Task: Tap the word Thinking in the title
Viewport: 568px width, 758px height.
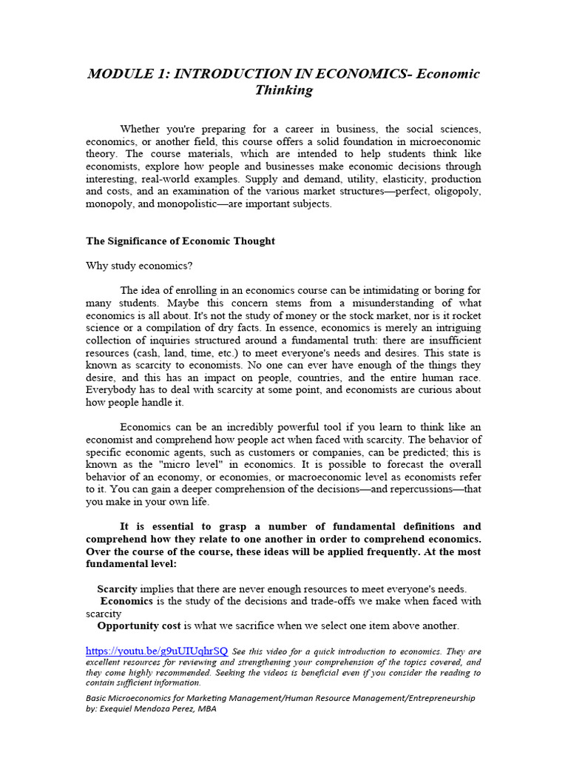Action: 284,91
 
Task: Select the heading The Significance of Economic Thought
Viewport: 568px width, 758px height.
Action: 180,241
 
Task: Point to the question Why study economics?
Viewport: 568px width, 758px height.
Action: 131,266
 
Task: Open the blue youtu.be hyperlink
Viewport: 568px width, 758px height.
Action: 157,651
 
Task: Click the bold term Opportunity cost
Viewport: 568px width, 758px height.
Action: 139,625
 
